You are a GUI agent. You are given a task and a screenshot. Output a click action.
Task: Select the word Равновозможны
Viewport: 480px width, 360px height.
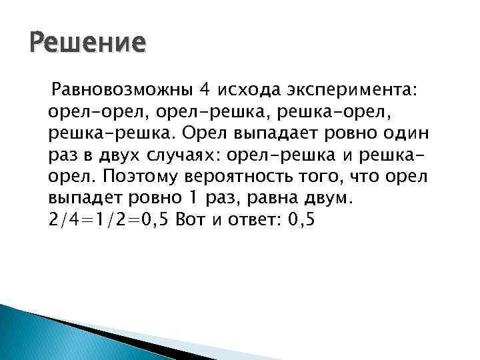tap(123, 89)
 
